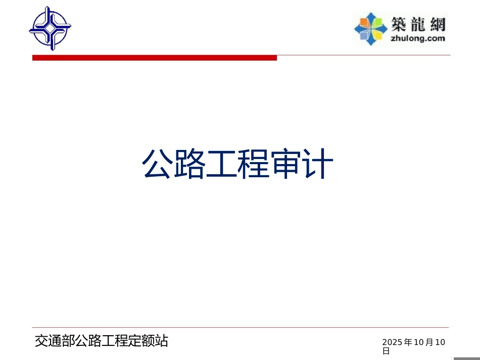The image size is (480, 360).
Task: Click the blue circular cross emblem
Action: click(50, 28)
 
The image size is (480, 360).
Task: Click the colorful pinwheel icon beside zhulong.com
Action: click(371, 28)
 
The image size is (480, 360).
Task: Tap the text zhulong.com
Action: click(418, 38)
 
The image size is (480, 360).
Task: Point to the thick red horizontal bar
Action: click(155, 58)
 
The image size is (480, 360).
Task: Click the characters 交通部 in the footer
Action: click(55, 341)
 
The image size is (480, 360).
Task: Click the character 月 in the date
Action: click(429, 343)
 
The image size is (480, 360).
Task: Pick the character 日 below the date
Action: click(386, 351)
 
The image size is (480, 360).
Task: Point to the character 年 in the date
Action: click(408, 343)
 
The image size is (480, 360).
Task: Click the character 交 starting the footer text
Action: click(41, 341)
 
